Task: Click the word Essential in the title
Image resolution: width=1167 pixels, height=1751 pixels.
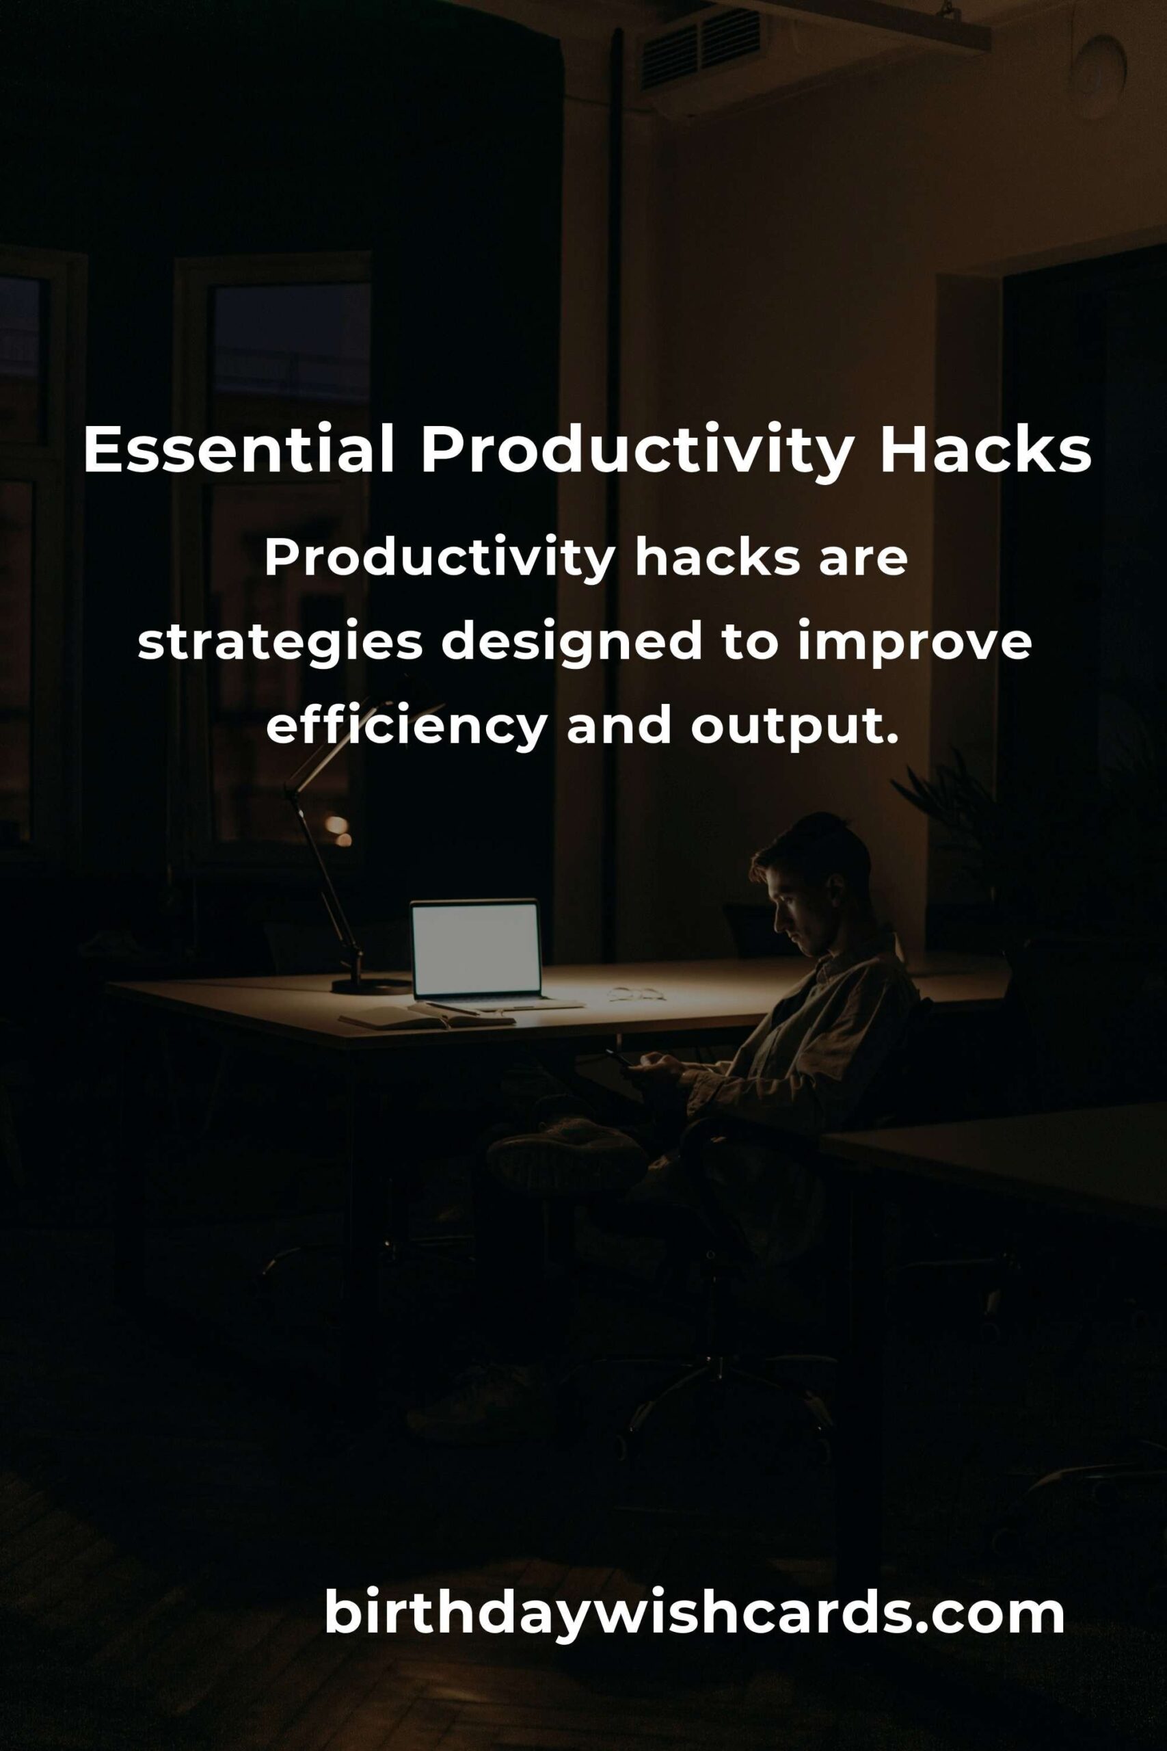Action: coord(238,451)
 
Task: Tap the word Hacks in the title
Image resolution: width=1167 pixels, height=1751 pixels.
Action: coord(985,451)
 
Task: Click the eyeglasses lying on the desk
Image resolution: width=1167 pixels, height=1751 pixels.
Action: coord(636,993)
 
